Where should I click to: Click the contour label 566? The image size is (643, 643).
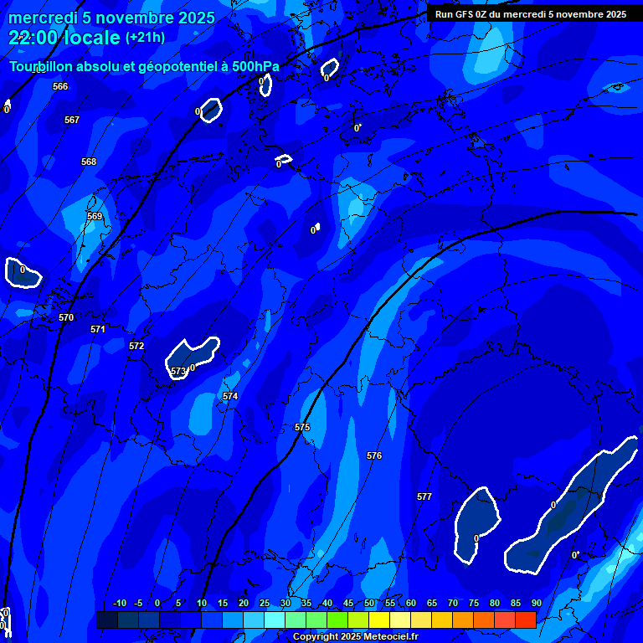point(60,86)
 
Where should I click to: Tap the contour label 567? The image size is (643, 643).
point(72,120)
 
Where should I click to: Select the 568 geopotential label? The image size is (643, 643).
point(89,162)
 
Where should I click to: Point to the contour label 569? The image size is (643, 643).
point(95,216)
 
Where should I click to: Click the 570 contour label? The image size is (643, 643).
point(66,317)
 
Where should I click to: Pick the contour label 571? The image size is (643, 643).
point(98,329)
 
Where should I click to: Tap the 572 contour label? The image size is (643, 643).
point(136,346)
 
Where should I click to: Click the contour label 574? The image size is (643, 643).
point(230,396)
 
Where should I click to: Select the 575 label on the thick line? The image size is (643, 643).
point(302,427)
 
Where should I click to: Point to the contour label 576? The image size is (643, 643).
point(374,455)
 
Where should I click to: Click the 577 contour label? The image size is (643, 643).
point(424,496)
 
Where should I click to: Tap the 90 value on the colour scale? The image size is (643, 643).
point(536,603)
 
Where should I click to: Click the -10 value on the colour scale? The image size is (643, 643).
point(120,603)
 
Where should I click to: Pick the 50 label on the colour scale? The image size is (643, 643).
point(369,603)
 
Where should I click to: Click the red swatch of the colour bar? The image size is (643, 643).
point(525,620)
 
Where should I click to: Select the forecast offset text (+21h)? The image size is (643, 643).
point(145,38)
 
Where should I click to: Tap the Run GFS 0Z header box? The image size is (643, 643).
point(531,14)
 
